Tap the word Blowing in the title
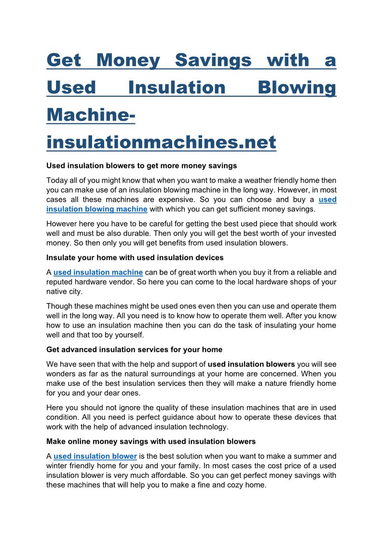(x=297, y=88)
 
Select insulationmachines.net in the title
(x=161, y=142)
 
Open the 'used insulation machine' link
(x=98, y=272)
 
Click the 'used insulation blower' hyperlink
(x=95, y=456)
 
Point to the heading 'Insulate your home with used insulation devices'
(x=135, y=257)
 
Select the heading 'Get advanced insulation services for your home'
(x=134, y=349)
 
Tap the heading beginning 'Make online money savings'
(x=150, y=441)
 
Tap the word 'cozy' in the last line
(x=248, y=485)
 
